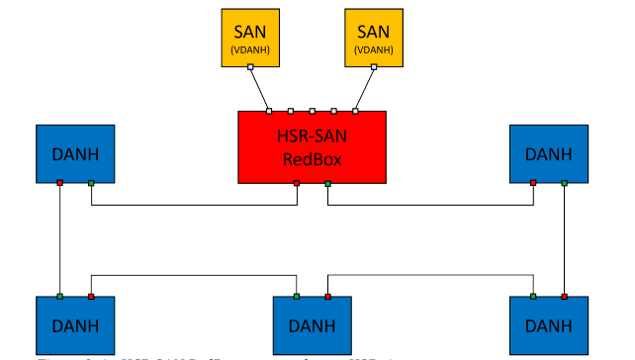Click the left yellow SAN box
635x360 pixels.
coord(249,39)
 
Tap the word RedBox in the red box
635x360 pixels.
coord(312,158)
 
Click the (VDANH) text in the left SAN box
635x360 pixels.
coord(249,49)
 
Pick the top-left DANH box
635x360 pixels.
coord(75,153)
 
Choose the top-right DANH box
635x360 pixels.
coord(548,153)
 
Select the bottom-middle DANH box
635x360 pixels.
coord(312,324)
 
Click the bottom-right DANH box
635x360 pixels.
coord(548,324)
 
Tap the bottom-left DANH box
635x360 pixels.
coord(75,324)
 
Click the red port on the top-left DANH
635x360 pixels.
coord(60,183)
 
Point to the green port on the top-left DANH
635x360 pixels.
coord(91,183)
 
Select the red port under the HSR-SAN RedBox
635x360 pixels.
coord(297,184)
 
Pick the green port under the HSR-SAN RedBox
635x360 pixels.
coord(327,184)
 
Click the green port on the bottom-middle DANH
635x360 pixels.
coord(297,296)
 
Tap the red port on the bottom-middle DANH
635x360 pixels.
coord(327,296)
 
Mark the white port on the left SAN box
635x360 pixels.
coord(249,67)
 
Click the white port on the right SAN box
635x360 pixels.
coord(375,67)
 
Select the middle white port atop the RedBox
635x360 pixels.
coord(312,111)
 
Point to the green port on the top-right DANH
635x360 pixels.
coord(564,183)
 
